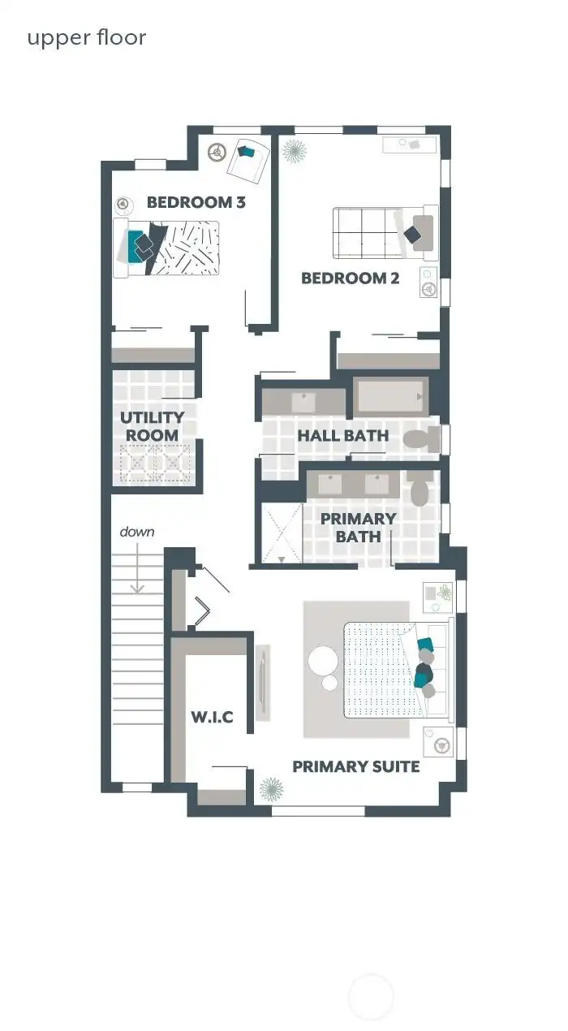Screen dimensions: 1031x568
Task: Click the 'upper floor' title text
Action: coord(87,37)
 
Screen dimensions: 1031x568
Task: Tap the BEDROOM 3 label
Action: coord(196,202)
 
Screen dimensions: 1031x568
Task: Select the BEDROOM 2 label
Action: coord(350,278)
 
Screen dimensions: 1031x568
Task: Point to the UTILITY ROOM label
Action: coord(153,426)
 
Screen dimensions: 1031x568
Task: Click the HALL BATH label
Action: coord(342,435)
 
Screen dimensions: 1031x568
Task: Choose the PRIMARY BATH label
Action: coord(358,527)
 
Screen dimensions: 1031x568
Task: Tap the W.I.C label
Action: coord(212,717)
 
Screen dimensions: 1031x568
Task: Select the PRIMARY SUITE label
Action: coord(355,766)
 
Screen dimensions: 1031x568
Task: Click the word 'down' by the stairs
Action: coord(136,532)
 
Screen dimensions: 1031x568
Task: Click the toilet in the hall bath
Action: coord(420,440)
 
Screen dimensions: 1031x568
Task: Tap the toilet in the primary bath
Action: coord(420,490)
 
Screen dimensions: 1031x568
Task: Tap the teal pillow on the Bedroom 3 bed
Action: coord(136,246)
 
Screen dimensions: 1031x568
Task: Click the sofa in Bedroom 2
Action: coord(365,233)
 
